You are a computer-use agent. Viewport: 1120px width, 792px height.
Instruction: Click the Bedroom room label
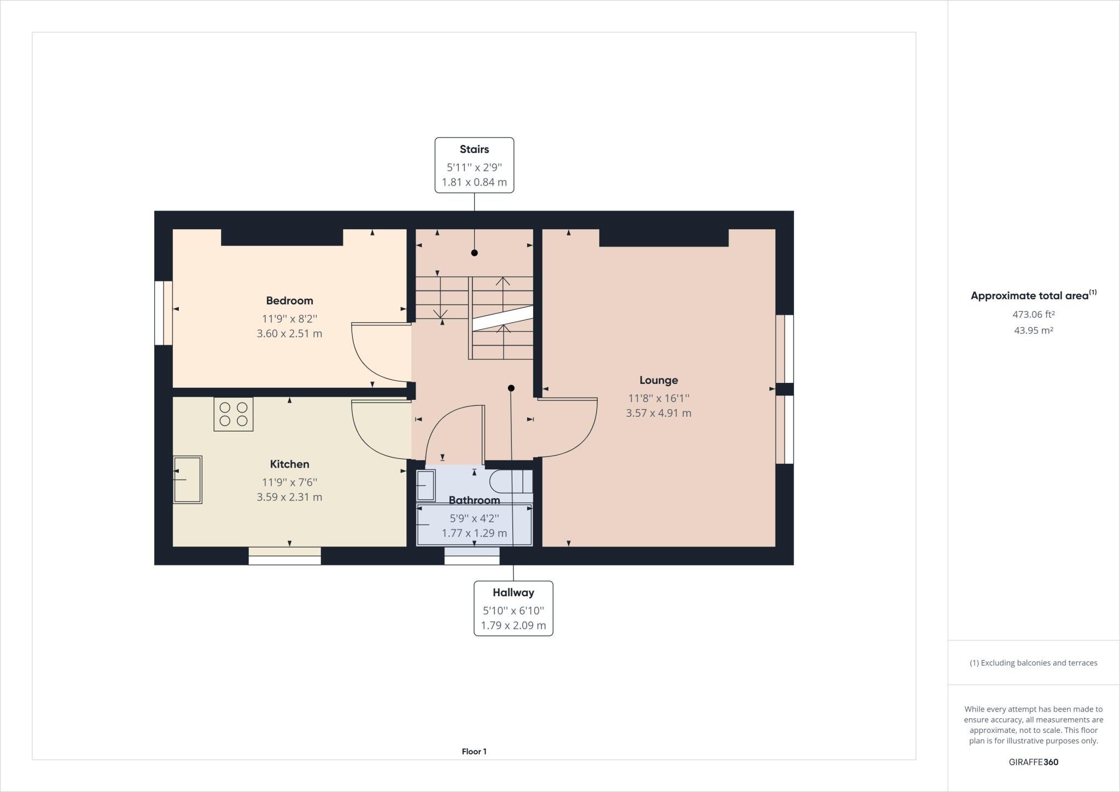pos(289,300)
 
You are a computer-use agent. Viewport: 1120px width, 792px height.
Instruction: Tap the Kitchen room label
pos(289,464)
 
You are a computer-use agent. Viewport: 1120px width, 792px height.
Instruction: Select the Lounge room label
pos(658,380)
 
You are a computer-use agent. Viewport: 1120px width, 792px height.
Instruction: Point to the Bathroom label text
pos(474,500)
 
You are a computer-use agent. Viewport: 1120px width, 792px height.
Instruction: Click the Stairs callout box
pos(474,165)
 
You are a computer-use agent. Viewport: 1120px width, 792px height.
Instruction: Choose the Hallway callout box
pos(513,608)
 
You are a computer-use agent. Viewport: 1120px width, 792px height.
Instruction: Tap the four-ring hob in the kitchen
pos(234,414)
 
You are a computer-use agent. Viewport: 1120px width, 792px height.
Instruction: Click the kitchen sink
pos(188,480)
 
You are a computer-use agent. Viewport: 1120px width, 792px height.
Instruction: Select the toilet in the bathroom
pos(511,481)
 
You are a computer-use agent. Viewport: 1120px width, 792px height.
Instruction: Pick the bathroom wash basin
pos(425,485)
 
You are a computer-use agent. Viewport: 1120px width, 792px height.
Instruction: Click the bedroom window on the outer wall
pos(164,313)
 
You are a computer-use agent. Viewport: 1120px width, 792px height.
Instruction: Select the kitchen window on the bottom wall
pos(284,556)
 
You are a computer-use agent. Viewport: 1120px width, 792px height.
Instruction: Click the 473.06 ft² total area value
pos(1033,315)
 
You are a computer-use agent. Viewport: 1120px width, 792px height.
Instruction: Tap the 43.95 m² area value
pos(1033,330)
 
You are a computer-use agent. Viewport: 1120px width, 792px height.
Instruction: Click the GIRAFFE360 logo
pos(1034,762)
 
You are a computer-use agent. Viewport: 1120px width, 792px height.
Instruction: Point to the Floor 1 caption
pos(474,752)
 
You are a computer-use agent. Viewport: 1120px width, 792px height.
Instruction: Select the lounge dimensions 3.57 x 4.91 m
pos(658,413)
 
